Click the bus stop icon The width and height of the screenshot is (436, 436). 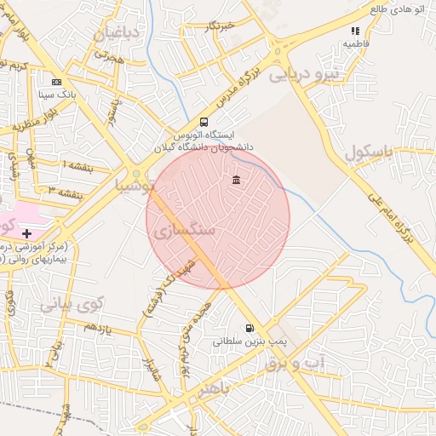click(204, 122)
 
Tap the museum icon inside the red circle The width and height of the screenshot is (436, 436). click(235, 180)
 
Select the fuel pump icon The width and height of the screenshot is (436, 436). click(249, 328)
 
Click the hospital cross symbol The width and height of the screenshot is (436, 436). click(27, 232)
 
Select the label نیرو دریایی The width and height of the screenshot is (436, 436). click(304, 75)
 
